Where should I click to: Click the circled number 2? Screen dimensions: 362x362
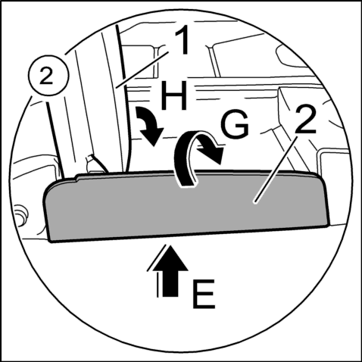point(48,75)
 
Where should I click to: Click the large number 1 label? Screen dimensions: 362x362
point(183,41)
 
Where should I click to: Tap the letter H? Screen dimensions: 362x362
point(174,96)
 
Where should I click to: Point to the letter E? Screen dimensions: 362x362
point(204,295)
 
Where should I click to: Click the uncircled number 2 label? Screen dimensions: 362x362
point(305,120)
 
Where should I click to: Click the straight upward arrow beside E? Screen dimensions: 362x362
point(170,270)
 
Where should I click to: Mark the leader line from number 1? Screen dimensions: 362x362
point(142,69)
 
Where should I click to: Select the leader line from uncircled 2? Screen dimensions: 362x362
point(275,170)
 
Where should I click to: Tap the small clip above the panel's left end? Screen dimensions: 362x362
point(96,164)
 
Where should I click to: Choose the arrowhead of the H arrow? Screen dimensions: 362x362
point(152,136)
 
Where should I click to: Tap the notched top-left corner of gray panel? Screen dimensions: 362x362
point(76,177)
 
